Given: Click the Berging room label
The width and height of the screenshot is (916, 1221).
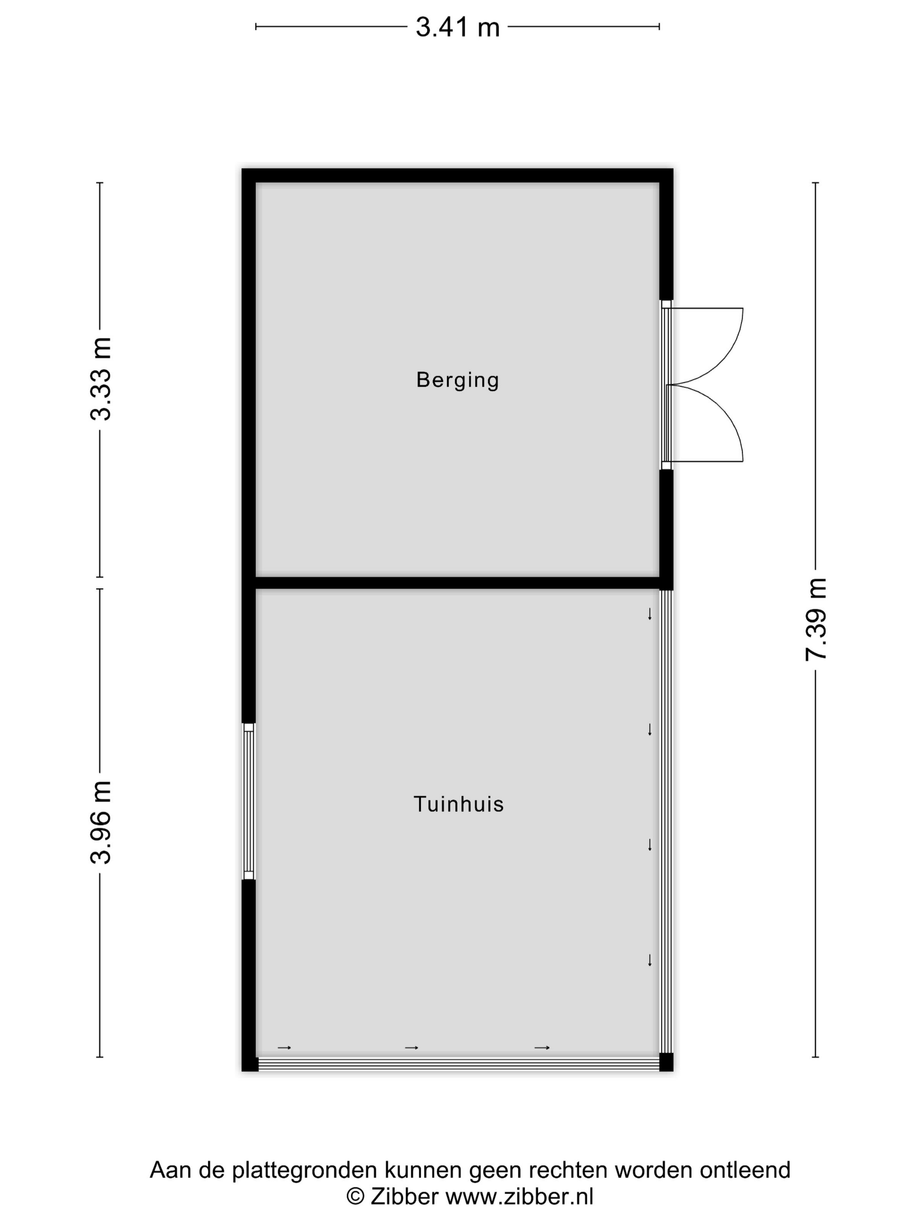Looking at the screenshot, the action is pyautogui.click(x=457, y=380).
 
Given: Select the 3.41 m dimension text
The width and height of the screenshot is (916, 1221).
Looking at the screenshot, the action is pyautogui.click(x=457, y=27).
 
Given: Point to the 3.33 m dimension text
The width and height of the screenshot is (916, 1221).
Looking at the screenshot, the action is pyautogui.click(x=102, y=379).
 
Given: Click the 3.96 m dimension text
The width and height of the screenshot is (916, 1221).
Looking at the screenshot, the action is pyautogui.click(x=102, y=822).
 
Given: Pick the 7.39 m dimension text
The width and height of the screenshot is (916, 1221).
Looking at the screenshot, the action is pyautogui.click(x=816, y=619).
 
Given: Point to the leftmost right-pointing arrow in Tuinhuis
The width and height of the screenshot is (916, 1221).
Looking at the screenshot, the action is pyautogui.click(x=284, y=1048).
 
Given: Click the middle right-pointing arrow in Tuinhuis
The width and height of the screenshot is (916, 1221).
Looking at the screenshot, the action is pyautogui.click(x=411, y=1048).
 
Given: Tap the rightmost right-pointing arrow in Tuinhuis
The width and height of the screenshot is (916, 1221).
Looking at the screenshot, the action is pyautogui.click(x=542, y=1048).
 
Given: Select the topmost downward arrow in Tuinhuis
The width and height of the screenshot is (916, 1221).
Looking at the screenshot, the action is pyautogui.click(x=650, y=614).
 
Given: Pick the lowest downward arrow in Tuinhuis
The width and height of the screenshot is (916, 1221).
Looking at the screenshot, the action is pyautogui.click(x=650, y=960).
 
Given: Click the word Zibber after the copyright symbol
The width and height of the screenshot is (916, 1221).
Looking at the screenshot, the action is pyautogui.click(x=405, y=1196).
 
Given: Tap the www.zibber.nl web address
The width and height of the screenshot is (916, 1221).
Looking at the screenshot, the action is pyautogui.click(x=520, y=1196).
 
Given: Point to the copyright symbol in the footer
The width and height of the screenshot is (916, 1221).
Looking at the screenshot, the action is pyautogui.click(x=355, y=1197).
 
